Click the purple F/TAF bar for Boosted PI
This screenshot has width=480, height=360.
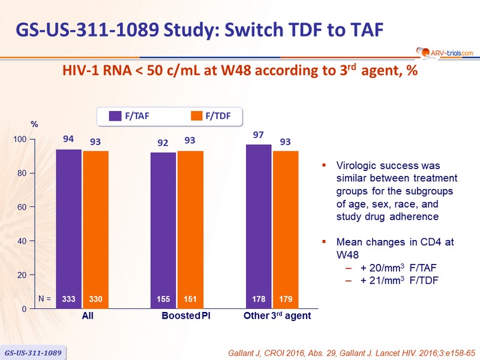[163, 230]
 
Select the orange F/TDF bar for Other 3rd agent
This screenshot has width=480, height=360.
[286, 230]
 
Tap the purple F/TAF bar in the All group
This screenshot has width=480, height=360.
[68, 229]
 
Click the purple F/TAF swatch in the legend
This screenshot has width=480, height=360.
[115, 116]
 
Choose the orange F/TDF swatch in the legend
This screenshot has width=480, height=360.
[197, 116]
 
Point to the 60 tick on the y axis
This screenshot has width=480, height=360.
[32, 207]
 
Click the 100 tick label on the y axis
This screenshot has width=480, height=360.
[20, 139]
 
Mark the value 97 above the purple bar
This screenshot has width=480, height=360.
[259, 134]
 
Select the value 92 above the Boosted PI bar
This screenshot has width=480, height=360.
[163, 143]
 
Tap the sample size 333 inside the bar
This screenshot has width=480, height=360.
[68, 299]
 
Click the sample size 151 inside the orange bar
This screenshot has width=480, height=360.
[190, 299]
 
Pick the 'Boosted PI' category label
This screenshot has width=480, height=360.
[186, 316]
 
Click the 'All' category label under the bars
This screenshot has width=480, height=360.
[88, 316]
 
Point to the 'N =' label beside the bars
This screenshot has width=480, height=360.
[44, 298]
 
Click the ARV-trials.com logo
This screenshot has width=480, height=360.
[445, 53]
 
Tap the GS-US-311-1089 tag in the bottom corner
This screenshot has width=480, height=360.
[33, 353]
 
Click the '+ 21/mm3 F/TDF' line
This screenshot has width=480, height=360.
[399, 280]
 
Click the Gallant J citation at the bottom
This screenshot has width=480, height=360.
[352, 353]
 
